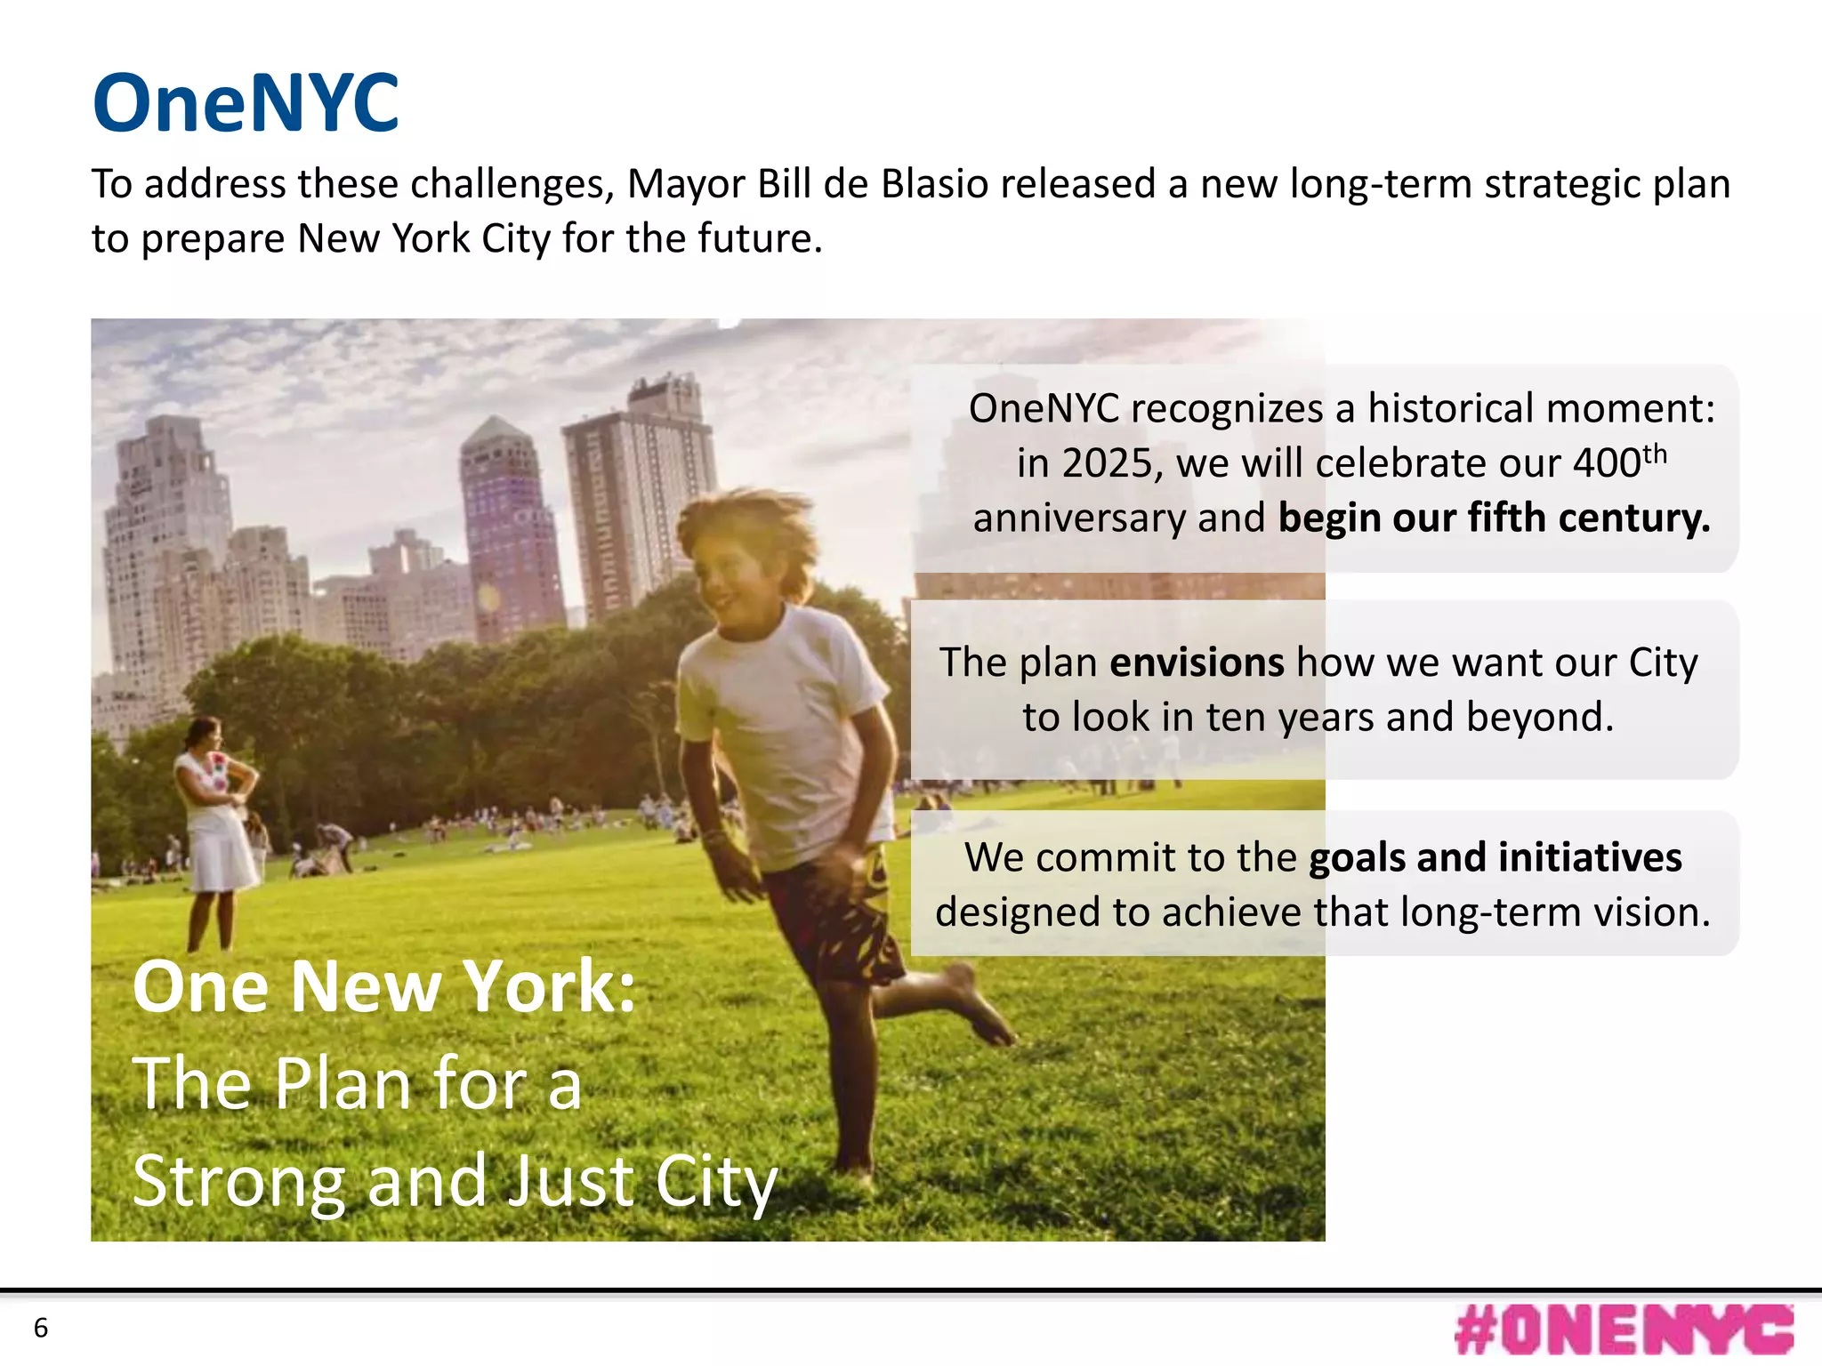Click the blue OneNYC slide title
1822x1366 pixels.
tap(246, 104)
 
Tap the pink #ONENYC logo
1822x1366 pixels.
tap(1624, 1330)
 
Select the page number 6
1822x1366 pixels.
tap(41, 1328)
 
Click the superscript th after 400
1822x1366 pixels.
tap(1655, 454)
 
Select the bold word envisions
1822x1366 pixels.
tap(1197, 663)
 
